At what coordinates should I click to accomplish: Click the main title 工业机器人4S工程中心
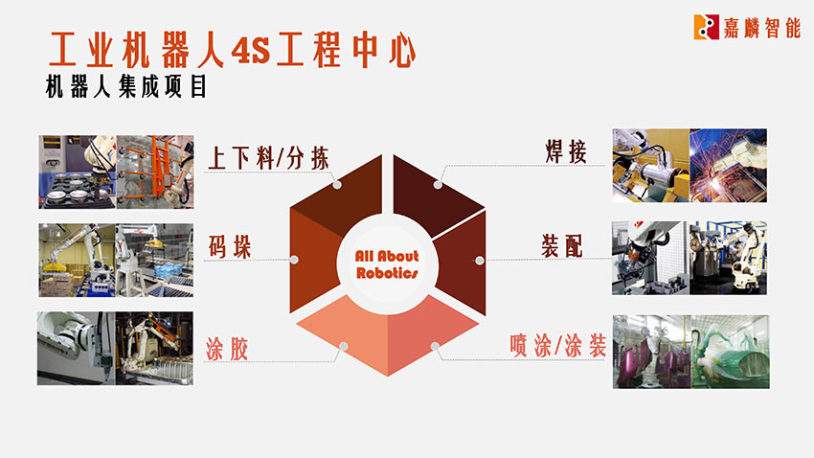[232, 50]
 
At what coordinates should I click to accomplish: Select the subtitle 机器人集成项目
[126, 87]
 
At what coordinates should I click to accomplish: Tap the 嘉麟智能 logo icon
[706, 27]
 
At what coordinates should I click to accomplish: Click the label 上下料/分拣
[268, 158]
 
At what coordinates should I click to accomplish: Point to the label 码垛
[230, 246]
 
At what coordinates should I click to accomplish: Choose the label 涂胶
[227, 349]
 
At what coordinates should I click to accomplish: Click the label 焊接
[566, 151]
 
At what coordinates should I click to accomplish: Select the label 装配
[562, 245]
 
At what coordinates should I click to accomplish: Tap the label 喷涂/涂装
[558, 346]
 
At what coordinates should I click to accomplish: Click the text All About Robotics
[387, 264]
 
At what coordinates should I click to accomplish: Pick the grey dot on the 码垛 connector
[294, 259]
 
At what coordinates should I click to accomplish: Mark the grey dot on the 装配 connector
[480, 260]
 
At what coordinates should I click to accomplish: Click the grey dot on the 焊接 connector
[439, 184]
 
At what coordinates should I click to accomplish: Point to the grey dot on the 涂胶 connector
[344, 346]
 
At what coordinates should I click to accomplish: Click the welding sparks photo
[729, 166]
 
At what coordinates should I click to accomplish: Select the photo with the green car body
[730, 352]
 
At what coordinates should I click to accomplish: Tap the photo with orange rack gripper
[155, 172]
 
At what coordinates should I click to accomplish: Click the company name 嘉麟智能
[762, 27]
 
